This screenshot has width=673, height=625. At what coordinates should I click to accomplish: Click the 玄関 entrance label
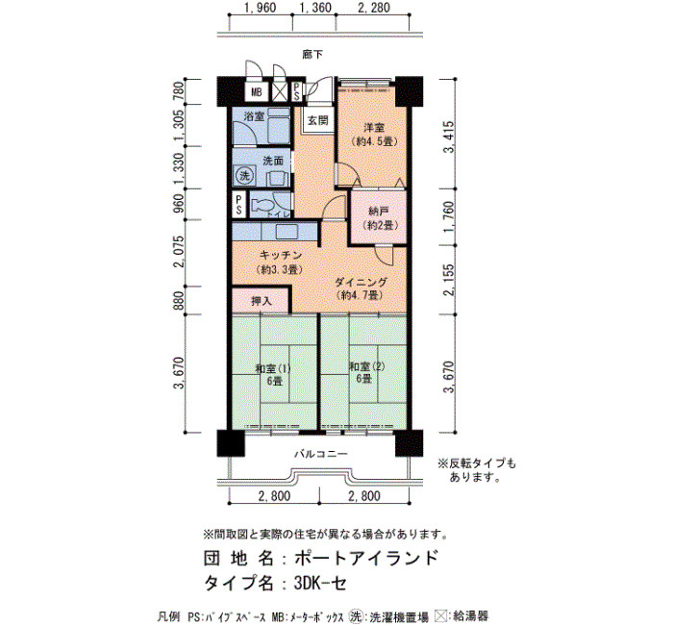[317, 120]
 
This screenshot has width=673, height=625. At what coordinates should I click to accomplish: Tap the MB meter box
[257, 92]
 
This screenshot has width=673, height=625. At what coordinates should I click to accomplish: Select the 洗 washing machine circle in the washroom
[244, 175]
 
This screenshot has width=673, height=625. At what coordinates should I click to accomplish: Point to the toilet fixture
[267, 205]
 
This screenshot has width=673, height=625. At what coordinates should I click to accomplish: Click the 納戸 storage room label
[379, 212]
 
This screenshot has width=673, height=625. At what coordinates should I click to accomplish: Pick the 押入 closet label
[262, 301]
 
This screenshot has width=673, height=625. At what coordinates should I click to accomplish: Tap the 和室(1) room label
[273, 368]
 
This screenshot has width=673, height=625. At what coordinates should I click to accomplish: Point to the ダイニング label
[361, 282]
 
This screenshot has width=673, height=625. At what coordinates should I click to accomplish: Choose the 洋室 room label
[373, 128]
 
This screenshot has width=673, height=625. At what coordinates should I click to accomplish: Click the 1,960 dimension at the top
[260, 8]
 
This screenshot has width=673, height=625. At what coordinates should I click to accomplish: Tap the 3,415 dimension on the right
[449, 137]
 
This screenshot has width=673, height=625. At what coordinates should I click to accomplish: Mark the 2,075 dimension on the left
[179, 252]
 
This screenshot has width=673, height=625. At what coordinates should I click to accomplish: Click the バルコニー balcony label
[320, 454]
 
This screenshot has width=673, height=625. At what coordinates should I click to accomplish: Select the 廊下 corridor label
[312, 55]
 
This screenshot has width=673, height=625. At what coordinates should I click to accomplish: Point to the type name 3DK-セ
[320, 583]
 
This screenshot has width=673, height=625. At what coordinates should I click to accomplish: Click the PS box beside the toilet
[239, 205]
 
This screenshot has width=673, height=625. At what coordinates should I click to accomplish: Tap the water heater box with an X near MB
[280, 91]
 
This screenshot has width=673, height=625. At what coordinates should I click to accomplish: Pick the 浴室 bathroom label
[254, 116]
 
